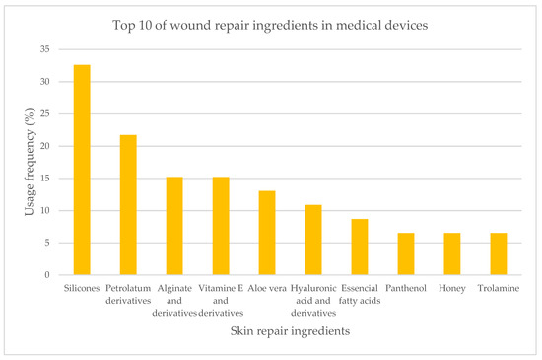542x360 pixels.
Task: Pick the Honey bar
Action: coord(452,253)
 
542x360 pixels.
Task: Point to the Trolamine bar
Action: coord(499,253)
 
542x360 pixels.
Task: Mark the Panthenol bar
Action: coord(406,253)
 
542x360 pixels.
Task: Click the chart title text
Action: coord(271,26)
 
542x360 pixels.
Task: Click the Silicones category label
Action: coord(82,288)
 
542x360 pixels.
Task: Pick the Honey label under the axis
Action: coord(452,288)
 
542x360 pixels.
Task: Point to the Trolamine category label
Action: coord(499,288)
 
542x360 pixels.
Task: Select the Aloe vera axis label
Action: coord(266,288)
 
